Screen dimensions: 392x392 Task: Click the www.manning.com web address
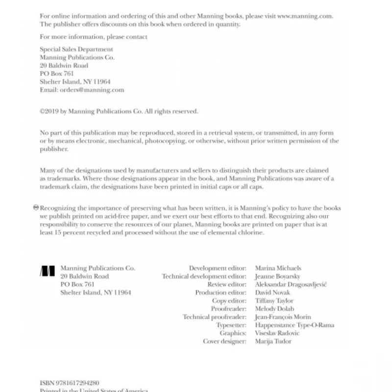pyautogui.click(x=305, y=16)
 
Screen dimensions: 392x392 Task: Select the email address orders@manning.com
pyautogui.click(x=92, y=90)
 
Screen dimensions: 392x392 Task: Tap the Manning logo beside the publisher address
pyautogui.click(x=48, y=271)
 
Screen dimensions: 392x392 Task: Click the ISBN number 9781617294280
pyautogui.click(x=78, y=383)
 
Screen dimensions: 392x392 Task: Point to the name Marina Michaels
pyautogui.click(x=278, y=268)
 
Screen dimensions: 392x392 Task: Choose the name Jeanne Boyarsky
pyautogui.click(x=277, y=276)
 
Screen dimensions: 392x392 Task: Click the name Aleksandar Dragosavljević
pyautogui.click(x=291, y=284)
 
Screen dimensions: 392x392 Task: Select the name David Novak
pyautogui.click(x=272, y=293)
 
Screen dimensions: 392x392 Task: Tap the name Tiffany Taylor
pyautogui.click(x=274, y=300)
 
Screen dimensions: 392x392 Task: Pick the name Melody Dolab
pyautogui.click(x=274, y=309)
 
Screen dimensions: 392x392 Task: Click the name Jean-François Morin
pyautogui.click(x=283, y=317)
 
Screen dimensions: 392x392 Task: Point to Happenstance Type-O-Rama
pyautogui.click(x=294, y=325)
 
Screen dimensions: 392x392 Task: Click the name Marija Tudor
pyautogui.click(x=273, y=341)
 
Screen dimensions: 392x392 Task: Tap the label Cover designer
pyautogui.click(x=224, y=341)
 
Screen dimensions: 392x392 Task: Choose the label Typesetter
pyautogui.click(x=231, y=325)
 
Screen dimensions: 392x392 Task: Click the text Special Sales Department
pyautogui.click(x=76, y=49)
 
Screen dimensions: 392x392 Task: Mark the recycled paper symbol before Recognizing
pyautogui.click(x=36, y=207)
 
